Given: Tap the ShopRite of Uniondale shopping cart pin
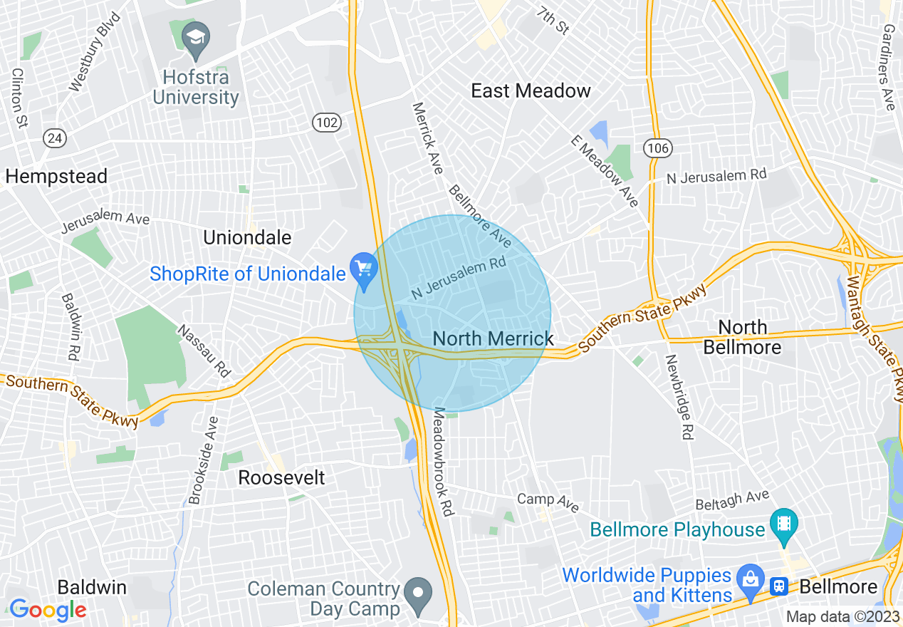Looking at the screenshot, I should (x=364, y=271).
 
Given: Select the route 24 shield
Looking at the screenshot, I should (x=55, y=138).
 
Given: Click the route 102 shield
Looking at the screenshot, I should (x=327, y=123).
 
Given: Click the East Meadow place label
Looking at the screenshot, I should (x=531, y=91).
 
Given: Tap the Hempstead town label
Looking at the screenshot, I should (x=56, y=176).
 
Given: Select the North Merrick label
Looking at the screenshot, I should (x=493, y=338).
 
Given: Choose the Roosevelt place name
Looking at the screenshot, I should (x=281, y=477).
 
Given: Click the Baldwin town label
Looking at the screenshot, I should (x=92, y=588).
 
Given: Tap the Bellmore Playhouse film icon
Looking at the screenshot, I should (x=783, y=524).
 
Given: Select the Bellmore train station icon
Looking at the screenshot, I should (x=780, y=586).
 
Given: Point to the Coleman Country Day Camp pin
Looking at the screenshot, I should (x=418, y=592).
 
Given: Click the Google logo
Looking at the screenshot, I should (x=47, y=610).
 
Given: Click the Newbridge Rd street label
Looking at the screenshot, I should (x=678, y=397).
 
